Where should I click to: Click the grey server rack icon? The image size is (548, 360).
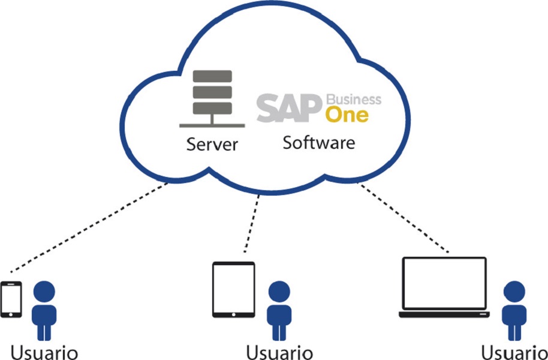tap(212, 96)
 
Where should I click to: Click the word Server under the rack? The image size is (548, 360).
tap(212, 145)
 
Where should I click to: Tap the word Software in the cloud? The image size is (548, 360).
tap(318, 143)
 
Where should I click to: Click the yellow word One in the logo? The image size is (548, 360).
tap(347, 114)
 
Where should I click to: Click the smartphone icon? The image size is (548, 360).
tap(11, 299)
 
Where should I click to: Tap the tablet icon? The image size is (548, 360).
tap(234, 289)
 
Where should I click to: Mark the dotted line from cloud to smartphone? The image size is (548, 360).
tap(90, 227)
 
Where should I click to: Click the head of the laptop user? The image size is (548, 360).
tap(514, 292)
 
